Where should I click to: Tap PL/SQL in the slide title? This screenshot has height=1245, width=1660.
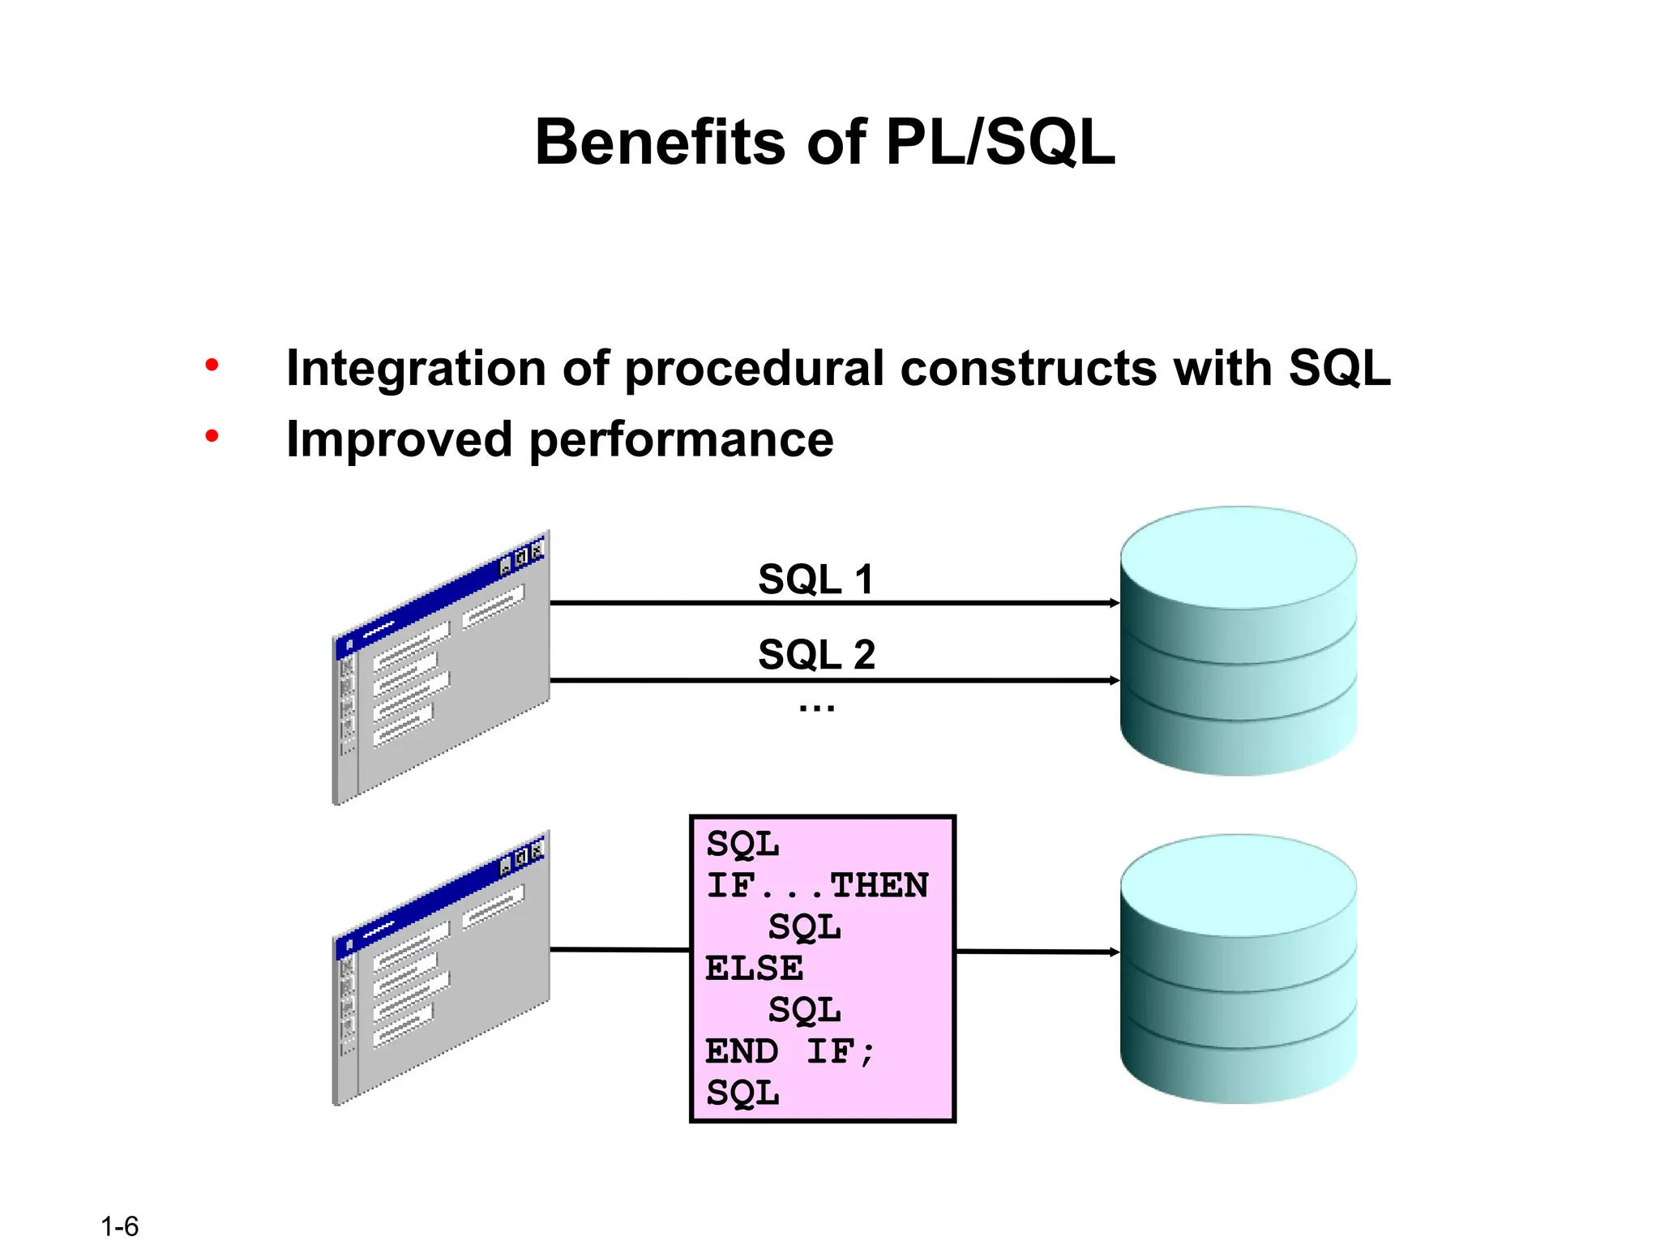(1000, 143)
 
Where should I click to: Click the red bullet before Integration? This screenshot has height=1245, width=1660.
(212, 366)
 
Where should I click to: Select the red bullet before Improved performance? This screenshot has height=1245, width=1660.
(212, 437)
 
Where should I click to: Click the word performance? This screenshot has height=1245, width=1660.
(681, 440)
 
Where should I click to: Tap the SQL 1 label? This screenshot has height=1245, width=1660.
(815, 580)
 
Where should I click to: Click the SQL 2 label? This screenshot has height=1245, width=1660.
(816, 654)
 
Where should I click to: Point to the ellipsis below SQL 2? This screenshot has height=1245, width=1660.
(816, 708)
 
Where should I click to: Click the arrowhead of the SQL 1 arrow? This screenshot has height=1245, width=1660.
(1115, 603)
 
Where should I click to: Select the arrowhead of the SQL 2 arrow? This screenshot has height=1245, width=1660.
(1115, 680)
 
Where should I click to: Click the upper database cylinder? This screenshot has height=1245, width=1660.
(1238, 640)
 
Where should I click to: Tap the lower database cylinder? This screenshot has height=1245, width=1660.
(1238, 969)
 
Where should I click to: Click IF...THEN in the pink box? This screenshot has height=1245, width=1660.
(817, 885)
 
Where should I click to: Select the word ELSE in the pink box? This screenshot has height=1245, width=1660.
(754, 969)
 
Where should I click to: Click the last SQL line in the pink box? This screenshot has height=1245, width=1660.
(742, 1093)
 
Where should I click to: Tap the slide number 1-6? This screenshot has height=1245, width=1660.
(120, 1226)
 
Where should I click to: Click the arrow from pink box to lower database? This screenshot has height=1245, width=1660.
(1037, 952)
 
